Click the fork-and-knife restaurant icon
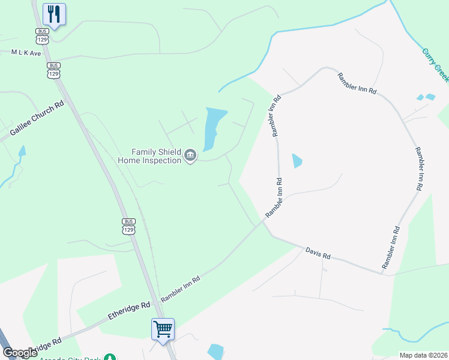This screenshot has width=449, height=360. point(54,14)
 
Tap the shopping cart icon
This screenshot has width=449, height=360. point(163,329)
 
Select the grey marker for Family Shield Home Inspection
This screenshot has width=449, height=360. point(190,156)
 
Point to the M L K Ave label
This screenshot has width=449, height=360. point(26,53)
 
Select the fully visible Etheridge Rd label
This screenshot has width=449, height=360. point(129,310)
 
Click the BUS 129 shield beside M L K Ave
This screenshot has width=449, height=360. point(53,70)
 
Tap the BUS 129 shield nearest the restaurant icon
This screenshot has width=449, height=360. point(42,35)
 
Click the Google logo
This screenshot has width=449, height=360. point(20,353)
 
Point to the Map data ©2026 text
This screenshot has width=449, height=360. point(423,355)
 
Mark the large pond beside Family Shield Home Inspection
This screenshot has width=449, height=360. point(214,127)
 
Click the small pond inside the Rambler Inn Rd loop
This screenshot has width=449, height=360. point(297,161)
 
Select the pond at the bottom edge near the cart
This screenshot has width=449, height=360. point(215,352)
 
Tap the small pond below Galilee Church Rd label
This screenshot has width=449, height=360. point(22,151)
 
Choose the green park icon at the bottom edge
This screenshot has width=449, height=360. point(110,358)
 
